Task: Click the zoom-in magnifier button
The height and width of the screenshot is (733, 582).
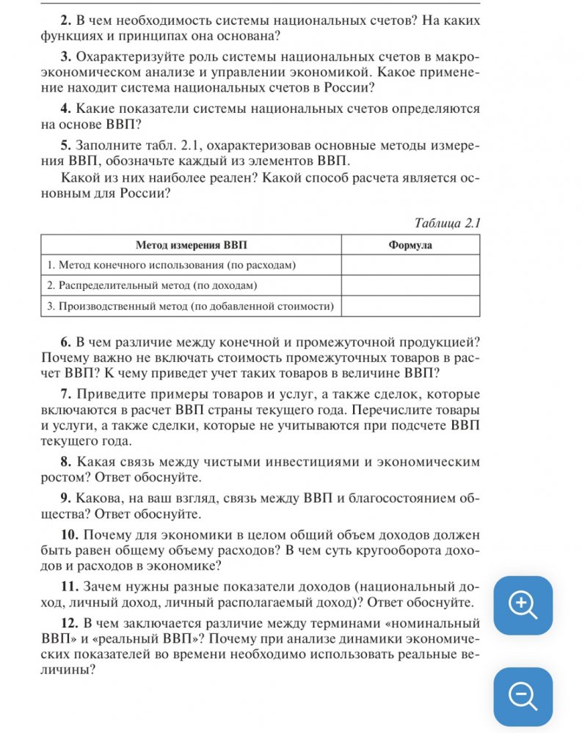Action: click(x=523, y=605)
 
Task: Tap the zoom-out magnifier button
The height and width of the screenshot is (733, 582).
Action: click(x=523, y=696)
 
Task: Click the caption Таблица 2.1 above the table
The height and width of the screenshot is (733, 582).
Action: click(x=447, y=223)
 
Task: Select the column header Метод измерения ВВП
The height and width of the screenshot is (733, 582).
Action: click(x=191, y=245)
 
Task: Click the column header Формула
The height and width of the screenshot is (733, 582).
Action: click(x=410, y=245)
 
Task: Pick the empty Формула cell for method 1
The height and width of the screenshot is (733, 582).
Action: click(x=410, y=265)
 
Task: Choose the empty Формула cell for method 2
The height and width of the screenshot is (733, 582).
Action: click(x=410, y=285)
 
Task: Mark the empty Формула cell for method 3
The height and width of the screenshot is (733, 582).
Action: click(x=410, y=306)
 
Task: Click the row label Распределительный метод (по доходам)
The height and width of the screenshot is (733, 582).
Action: click(x=155, y=285)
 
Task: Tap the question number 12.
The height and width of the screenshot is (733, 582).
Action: click(x=70, y=624)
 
